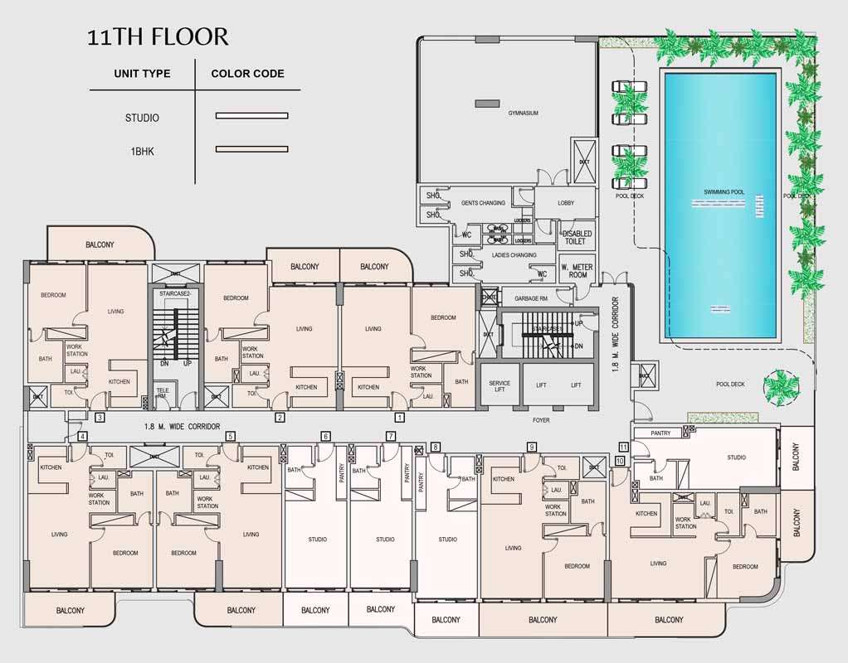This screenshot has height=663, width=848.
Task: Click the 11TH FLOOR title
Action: pos(158,37)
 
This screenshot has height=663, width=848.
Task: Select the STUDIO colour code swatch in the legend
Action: pos(251,116)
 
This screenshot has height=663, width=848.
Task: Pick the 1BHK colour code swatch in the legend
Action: pos(251,149)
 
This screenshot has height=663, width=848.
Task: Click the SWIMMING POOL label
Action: pos(724,192)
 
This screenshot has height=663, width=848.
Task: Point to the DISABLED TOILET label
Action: pos(577,238)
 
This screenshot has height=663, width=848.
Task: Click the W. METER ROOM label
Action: pos(574,271)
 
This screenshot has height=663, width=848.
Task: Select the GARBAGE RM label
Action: pos(531,298)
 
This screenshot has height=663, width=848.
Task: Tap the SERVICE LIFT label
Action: pos(500,388)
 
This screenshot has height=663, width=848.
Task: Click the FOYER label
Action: pos(541,420)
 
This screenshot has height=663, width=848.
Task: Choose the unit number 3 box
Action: pos(100,418)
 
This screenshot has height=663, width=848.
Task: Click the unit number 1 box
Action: pos(399,418)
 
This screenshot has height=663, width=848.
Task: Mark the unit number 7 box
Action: pos(391,436)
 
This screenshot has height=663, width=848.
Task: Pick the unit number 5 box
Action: pos(230,436)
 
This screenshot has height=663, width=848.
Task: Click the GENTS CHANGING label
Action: pos(484,203)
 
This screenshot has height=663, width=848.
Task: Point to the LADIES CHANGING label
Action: pos(514,255)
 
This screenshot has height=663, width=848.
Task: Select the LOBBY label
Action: pos(566,203)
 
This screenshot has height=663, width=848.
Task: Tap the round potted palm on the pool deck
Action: pos(780,385)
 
